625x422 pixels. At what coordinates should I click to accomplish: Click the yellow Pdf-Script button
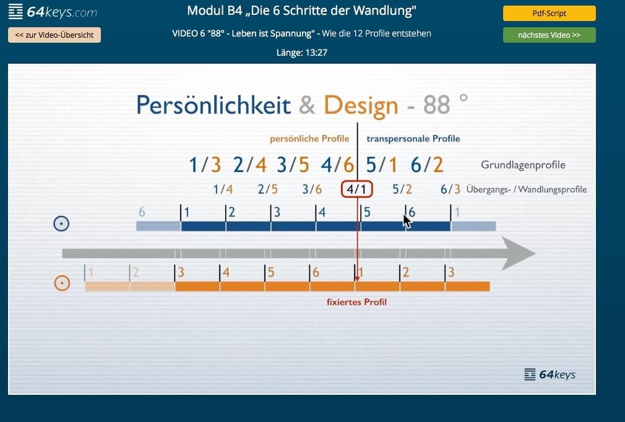click(x=550, y=13)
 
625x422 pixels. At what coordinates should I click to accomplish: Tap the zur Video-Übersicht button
click(x=54, y=35)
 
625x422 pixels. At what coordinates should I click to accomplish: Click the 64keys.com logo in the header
click(x=53, y=12)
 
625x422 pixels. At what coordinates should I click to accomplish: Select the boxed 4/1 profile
click(x=356, y=189)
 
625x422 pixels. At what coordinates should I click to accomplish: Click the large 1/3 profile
click(x=205, y=165)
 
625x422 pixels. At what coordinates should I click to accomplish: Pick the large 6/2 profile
click(x=427, y=165)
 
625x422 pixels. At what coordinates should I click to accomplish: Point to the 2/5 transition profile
click(x=267, y=189)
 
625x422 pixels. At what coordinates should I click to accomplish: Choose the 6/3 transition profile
click(x=450, y=189)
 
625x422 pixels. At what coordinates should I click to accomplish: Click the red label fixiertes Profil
click(x=356, y=302)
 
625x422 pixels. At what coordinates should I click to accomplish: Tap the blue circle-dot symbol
click(x=61, y=223)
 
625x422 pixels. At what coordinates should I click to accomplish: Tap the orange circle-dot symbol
click(x=62, y=283)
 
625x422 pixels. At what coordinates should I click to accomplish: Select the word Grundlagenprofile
click(x=523, y=165)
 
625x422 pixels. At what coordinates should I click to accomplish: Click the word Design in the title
click(x=361, y=106)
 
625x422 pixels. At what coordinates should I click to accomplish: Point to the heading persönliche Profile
click(x=309, y=139)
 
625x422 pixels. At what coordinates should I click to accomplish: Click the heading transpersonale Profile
click(x=413, y=139)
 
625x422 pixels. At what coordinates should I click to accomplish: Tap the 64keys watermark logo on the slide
click(x=550, y=374)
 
